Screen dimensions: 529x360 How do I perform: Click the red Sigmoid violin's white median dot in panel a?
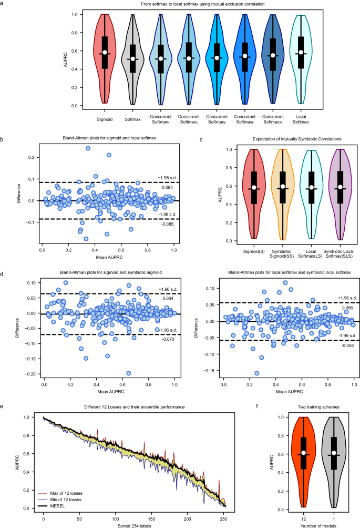point(105,53)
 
